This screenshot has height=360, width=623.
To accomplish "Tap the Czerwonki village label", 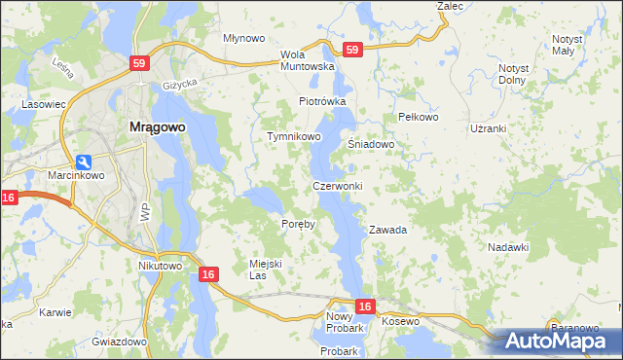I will pyautogui.click(x=337, y=186).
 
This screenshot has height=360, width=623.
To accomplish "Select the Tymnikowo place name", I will pyautogui.click(x=294, y=137).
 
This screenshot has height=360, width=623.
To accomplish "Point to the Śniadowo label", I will pyautogui.click(x=371, y=144).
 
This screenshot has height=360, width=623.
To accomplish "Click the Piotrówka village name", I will pyautogui.click(x=322, y=101).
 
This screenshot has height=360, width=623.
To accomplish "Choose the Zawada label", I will pyautogui.click(x=386, y=231).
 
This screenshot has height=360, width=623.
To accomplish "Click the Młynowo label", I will pyautogui.click(x=244, y=38).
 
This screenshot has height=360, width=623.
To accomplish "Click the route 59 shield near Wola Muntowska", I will pyautogui.click(x=351, y=49).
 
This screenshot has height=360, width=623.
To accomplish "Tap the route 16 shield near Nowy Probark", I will pyautogui.click(x=364, y=306).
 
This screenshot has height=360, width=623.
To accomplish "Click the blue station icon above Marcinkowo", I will pyautogui.click(x=84, y=162).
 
